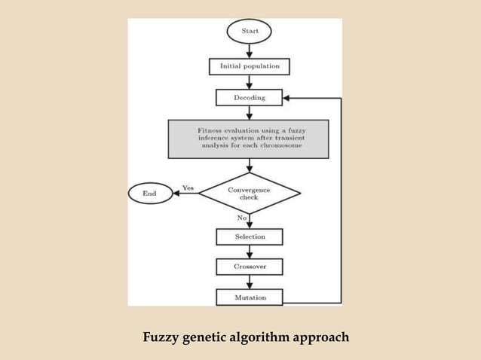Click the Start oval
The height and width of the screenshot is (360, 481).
[249, 31]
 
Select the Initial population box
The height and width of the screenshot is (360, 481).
[249, 66]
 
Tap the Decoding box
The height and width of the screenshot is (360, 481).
[250, 97]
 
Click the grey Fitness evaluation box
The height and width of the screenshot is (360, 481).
[249, 139]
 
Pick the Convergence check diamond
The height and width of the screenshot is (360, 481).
[249, 193]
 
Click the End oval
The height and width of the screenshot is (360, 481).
[150, 194]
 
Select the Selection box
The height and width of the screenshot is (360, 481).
[250, 236]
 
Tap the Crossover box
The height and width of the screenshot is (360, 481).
[250, 267]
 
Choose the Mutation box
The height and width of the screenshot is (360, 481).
[250, 297]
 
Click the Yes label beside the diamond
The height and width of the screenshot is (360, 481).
[188, 187]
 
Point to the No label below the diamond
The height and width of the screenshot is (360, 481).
[242, 218]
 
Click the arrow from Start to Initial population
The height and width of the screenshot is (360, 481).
[249, 50]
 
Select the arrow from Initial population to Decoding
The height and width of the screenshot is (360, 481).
[249, 82]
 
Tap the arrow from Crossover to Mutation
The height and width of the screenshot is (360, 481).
[249, 282]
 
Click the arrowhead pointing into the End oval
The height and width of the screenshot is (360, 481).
[177, 194]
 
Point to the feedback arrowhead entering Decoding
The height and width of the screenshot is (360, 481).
[289, 98]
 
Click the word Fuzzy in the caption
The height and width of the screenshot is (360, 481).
[161, 337]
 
